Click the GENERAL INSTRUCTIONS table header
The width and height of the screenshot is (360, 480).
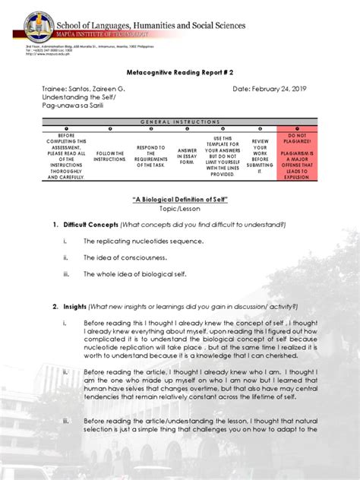[180, 122]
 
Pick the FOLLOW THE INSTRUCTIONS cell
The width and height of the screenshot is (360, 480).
[110, 156]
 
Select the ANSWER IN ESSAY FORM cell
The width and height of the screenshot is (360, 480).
[187, 156]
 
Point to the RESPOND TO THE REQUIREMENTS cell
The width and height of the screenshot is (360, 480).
[150, 156]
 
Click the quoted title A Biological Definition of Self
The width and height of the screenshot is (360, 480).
[180, 199]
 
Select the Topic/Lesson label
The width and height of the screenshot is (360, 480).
[180, 209]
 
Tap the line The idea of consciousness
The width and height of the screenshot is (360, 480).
[125, 257]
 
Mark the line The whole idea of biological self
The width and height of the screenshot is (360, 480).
[134, 273]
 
